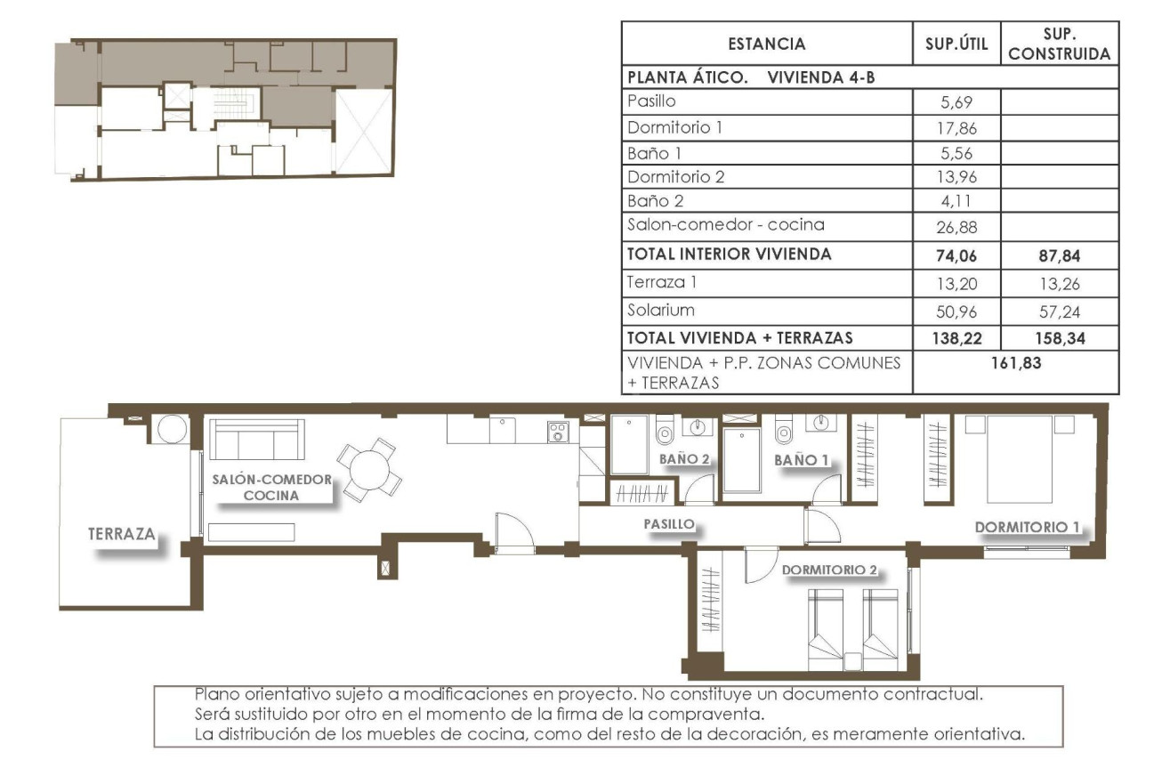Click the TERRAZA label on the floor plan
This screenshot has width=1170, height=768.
[x=122, y=535]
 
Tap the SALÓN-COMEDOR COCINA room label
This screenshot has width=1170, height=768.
[x=271, y=487]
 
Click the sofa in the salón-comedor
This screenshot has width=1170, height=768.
[x=257, y=439]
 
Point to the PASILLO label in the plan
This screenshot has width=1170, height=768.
[x=668, y=525]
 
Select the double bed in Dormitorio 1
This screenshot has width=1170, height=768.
[x=1020, y=460]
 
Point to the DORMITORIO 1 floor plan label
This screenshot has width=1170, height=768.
[x=1027, y=527]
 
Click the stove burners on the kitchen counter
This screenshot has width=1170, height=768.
[x=558, y=433]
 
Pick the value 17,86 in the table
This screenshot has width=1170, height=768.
[x=956, y=127]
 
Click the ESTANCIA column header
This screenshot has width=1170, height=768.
[x=766, y=44]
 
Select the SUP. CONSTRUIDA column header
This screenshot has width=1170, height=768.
[x=1060, y=44]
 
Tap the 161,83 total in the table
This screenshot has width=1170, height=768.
[x=1015, y=363]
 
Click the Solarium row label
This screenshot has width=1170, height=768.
[x=661, y=311]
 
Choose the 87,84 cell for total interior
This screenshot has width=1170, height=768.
[x=1059, y=255]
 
